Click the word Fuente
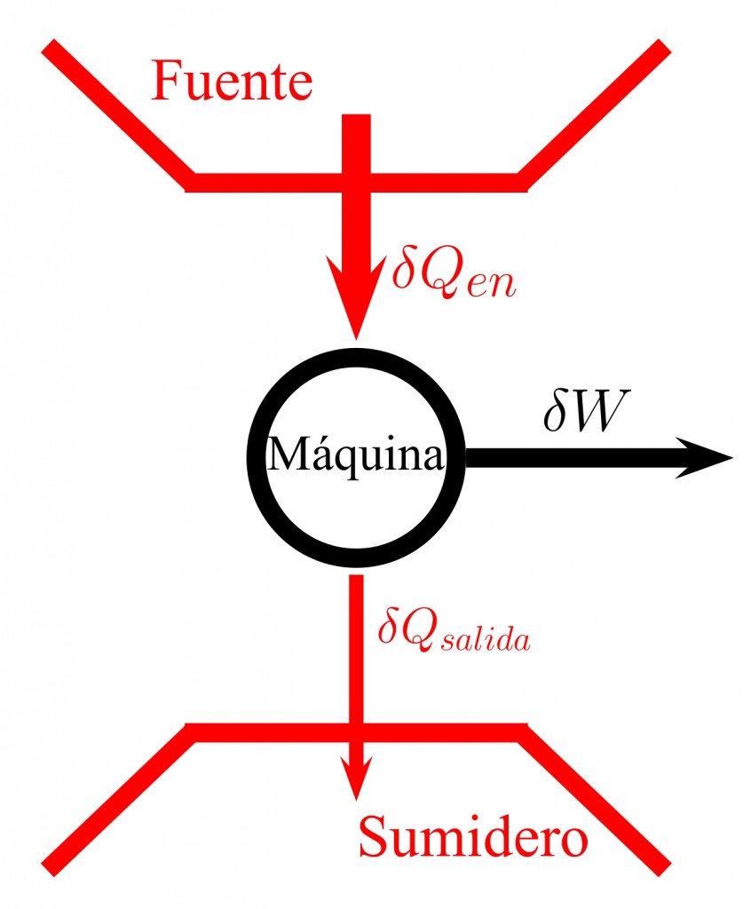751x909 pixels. click(233, 83)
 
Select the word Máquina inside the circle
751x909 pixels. click(355, 456)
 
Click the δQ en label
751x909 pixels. click(453, 274)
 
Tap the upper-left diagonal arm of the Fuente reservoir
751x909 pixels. click(116, 112)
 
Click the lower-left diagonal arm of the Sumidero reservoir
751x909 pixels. click(116, 799)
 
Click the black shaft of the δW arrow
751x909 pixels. click(568, 457)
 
